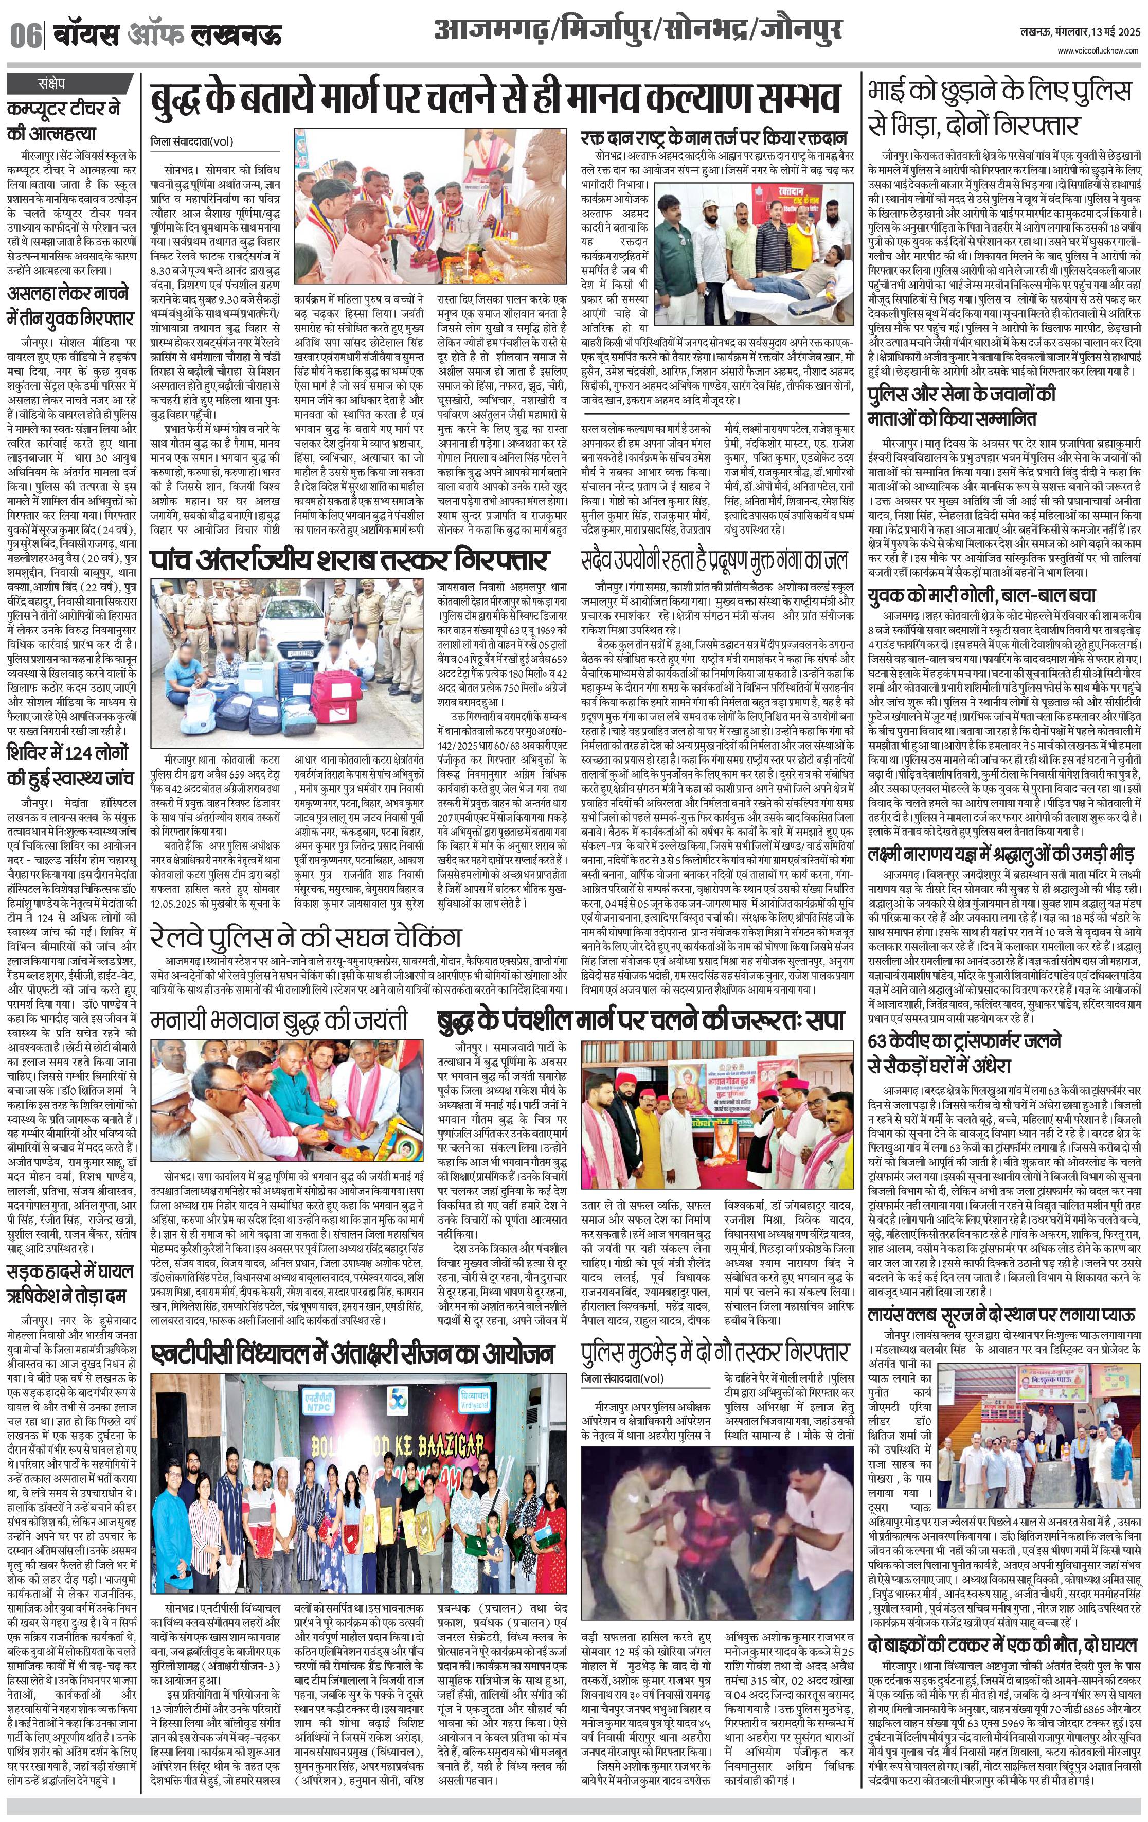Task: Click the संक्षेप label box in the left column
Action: [x=52, y=82]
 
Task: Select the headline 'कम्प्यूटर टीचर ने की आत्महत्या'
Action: [x=64, y=121]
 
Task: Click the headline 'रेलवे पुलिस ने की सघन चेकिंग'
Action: [x=306, y=936]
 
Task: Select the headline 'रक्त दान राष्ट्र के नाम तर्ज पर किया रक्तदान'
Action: [x=713, y=138]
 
